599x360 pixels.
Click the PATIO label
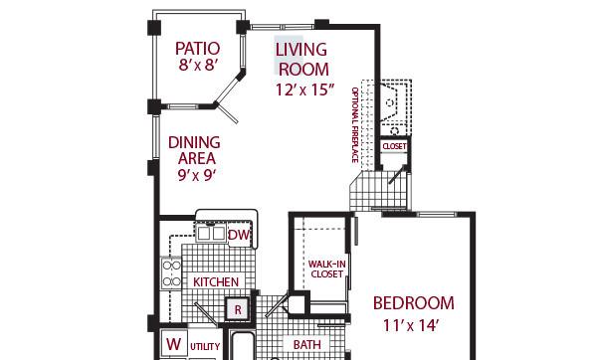click(x=197, y=49)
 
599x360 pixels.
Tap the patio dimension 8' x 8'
click(x=198, y=65)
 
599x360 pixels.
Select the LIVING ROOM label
click(x=302, y=60)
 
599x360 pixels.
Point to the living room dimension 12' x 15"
click(x=304, y=90)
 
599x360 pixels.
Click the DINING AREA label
click(x=194, y=150)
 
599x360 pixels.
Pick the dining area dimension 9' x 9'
click(x=197, y=175)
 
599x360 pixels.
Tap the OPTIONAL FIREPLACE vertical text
click(x=355, y=125)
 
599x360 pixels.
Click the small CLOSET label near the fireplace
click(x=394, y=146)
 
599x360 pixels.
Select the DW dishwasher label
click(x=239, y=235)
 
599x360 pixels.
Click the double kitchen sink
click(x=211, y=233)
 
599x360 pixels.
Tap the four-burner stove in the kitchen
click(x=171, y=273)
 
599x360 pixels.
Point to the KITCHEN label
click(x=216, y=282)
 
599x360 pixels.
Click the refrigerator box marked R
click(x=238, y=309)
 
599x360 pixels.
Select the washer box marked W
click(x=174, y=344)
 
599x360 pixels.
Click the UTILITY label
click(x=205, y=346)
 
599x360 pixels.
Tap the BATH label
click(x=306, y=345)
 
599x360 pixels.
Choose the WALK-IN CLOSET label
click(x=327, y=269)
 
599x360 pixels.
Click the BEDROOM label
click(x=414, y=303)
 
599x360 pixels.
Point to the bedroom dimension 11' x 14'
click(x=410, y=325)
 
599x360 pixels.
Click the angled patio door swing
click(x=227, y=113)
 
